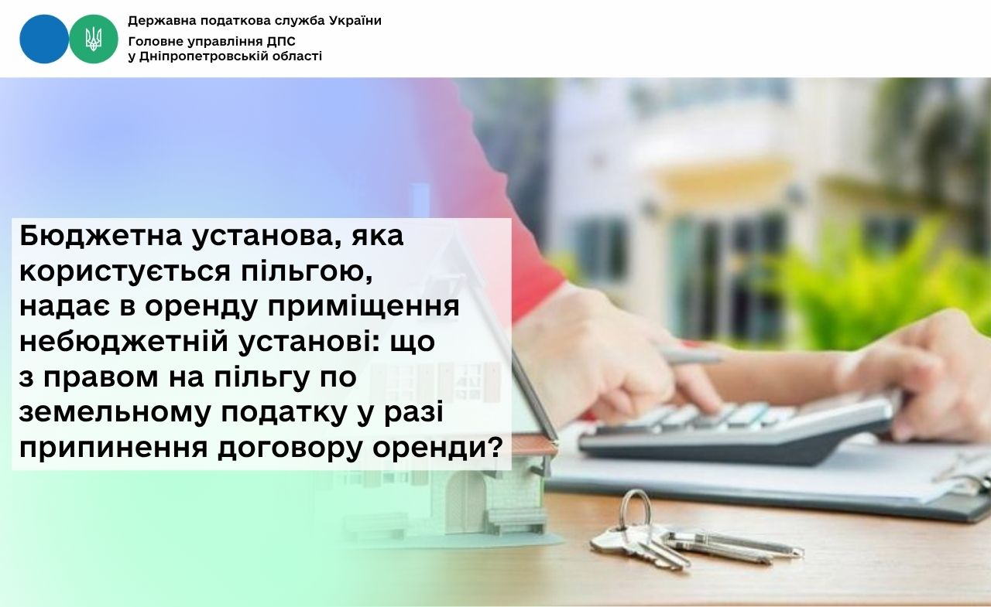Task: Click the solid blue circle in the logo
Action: click(x=44, y=39)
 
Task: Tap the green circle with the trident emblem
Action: click(x=94, y=39)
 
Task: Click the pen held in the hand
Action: click(x=690, y=355)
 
